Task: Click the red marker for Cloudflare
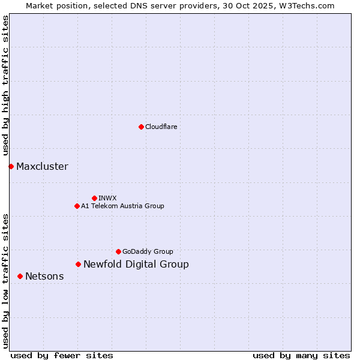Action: (x=141, y=127)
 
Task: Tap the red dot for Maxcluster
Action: (x=11, y=166)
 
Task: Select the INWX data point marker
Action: (x=94, y=198)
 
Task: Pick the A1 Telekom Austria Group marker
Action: (x=77, y=206)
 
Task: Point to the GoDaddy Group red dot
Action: (x=118, y=251)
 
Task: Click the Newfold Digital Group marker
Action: (x=78, y=264)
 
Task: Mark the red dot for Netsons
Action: (x=20, y=276)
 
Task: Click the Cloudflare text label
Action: (x=161, y=127)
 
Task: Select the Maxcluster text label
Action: (x=42, y=166)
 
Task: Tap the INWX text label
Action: (x=107, y=198)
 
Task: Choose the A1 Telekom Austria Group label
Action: (x=122, y=206)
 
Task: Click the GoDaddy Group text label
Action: (x=148, y=251)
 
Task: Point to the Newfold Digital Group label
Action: (x=136, y=264)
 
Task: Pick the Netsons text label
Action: (x=44, y=276)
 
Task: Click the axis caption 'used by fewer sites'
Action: (x=62, y=355)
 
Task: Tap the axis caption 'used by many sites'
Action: (x=301, y=355)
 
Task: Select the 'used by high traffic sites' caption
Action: (x=6, y=86)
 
